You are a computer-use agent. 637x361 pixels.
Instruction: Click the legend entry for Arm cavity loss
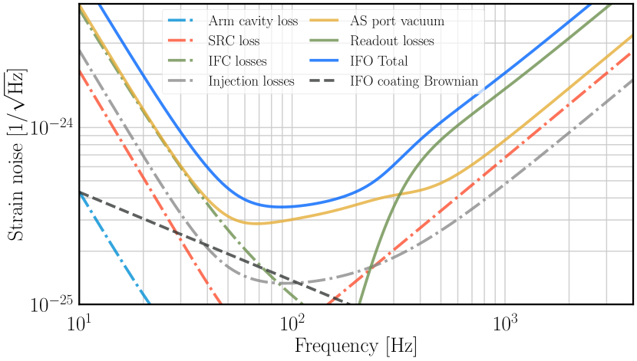(253, 21)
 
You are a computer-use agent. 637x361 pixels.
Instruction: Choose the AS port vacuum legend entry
(397, 21)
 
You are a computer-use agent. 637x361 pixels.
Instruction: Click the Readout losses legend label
(391, 41)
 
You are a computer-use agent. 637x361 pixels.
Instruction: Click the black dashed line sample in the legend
(325, 81)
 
